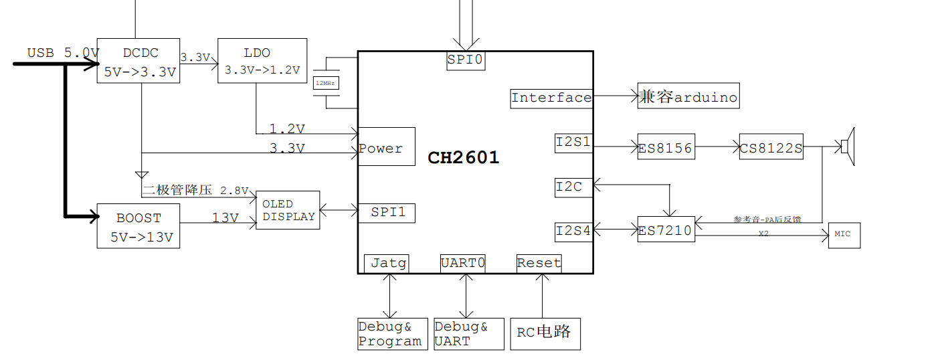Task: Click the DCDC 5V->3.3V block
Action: coord(138,60)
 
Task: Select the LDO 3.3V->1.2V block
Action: coord(262,60)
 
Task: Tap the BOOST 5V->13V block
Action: coord(138,226)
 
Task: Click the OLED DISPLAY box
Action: coord(288,210)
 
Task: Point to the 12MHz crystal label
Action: coord(327,83)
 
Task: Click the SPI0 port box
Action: coord(466,60)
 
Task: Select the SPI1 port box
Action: coord(387,213)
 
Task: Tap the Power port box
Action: coord(386,147)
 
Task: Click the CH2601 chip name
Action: coord(464,158)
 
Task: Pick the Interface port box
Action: coord(551,98)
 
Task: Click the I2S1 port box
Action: coord(573,143)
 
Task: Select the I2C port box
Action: coord(573,187)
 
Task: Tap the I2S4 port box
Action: coord(573,232)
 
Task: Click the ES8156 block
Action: coord(666,147)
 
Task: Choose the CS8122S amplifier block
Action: coord(771,147)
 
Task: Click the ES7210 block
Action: coord(666,230)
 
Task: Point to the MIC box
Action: coord(844,235)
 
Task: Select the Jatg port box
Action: coord(386,263)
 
